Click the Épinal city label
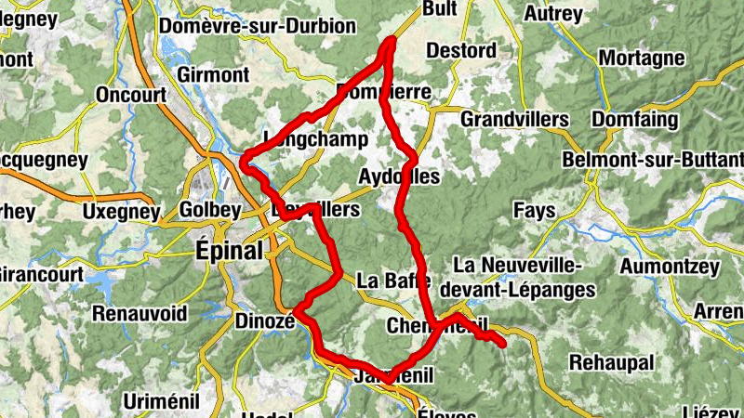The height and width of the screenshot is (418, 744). pos(229,250)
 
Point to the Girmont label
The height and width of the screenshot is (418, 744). pos(214,73)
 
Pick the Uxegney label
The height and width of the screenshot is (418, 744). pos(121,213)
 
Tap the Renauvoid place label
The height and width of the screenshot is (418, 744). pos(139,312)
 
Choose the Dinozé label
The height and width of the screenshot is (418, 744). pos(264,320)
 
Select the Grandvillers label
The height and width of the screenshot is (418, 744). pos(514,120)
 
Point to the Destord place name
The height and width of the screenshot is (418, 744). pos(465,50)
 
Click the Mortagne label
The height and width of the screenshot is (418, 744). pos(642,59)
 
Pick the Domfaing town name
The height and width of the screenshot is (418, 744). pos(632,120)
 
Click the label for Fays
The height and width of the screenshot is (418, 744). pos(534,212)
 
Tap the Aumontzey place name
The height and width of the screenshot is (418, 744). pos(671,268)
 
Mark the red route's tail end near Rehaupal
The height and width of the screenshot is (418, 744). pos(503,345)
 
